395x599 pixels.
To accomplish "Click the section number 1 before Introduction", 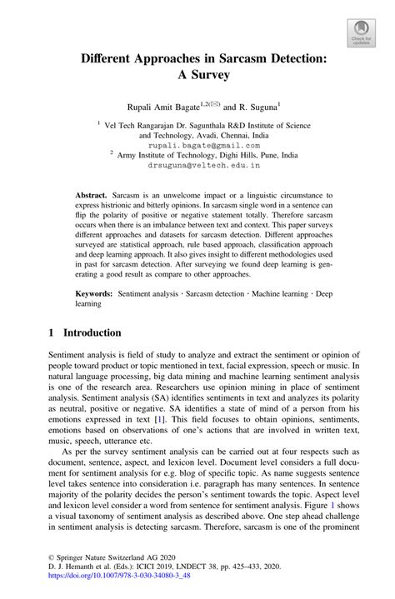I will click(x=52, y=332).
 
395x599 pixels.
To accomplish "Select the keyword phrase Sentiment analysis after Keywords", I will click(x=147, y=294).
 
